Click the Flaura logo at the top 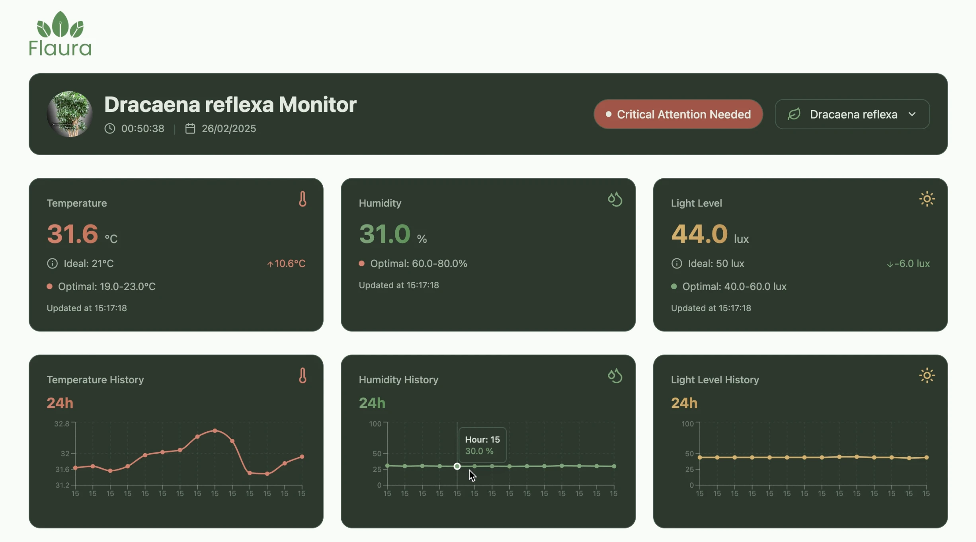60,34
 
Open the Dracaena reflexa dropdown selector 852,114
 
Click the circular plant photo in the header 70,114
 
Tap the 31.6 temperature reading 72,234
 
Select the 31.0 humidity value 385,234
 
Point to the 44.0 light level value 699,234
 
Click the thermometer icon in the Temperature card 303,199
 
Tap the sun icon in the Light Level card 927,199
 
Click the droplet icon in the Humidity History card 615,376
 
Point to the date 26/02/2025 228,129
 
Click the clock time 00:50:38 142,129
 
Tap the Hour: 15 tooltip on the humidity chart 482,445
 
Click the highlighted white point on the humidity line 457,466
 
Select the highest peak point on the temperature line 215,431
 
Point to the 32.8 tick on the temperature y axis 62,424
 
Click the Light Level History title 714,380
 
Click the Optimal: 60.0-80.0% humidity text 418,263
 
